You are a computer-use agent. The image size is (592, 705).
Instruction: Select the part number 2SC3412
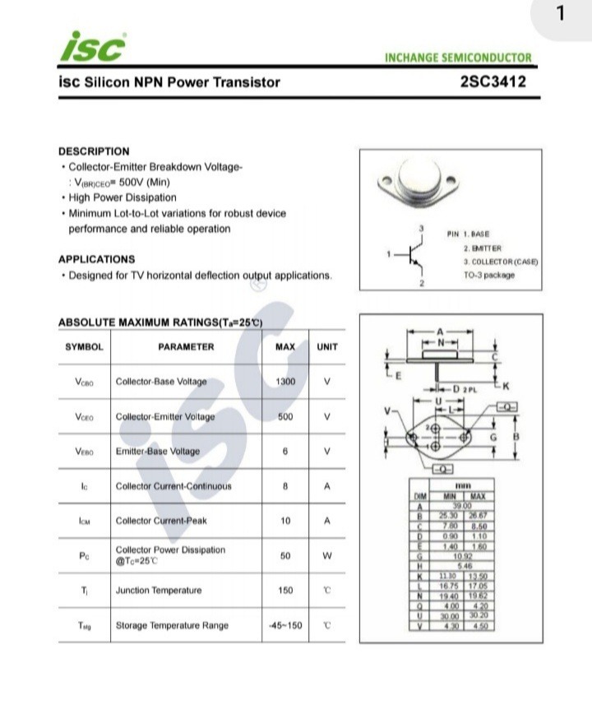pyautogui.click(x=493, y=81)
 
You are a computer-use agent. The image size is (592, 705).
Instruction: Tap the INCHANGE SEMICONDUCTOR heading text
pyautogui.click(x=458, y=58)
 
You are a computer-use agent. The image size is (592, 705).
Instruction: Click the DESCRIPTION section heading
pyautogui.click(x=94, y=151)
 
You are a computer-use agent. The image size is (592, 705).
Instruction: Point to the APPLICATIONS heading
pyautogui.click(x=96, y=259)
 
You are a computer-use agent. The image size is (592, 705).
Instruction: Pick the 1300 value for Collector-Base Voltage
pyautogui.click(x=285, y=382)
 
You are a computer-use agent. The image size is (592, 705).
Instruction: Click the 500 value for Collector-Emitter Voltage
pyautogui.click(x=285, y=417)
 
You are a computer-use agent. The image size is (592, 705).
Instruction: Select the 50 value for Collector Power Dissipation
pyautogui.click(x=285, y=556)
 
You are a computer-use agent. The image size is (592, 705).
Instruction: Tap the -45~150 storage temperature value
pyautogui.click(x=285, y=625)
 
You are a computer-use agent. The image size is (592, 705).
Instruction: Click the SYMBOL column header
pyautogui.click(x=84, y=347)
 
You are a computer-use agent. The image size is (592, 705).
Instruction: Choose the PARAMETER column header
pyautogui.click(x=186, y=347)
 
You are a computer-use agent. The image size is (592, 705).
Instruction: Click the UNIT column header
pyautogui.click(x=327, y=347)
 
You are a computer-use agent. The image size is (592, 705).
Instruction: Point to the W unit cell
pyautogui.click(x=327, y=556)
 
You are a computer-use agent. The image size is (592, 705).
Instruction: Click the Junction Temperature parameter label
pyautogui.click(x=158, y=591)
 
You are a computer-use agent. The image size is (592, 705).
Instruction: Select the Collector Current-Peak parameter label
pyautogui.click(x=162, y=521)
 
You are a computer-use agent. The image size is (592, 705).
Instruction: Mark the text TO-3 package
pyautogui.click(x=489, y=275)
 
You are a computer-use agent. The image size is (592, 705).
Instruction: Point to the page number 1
pyautogui.click(x=562, y=14)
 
